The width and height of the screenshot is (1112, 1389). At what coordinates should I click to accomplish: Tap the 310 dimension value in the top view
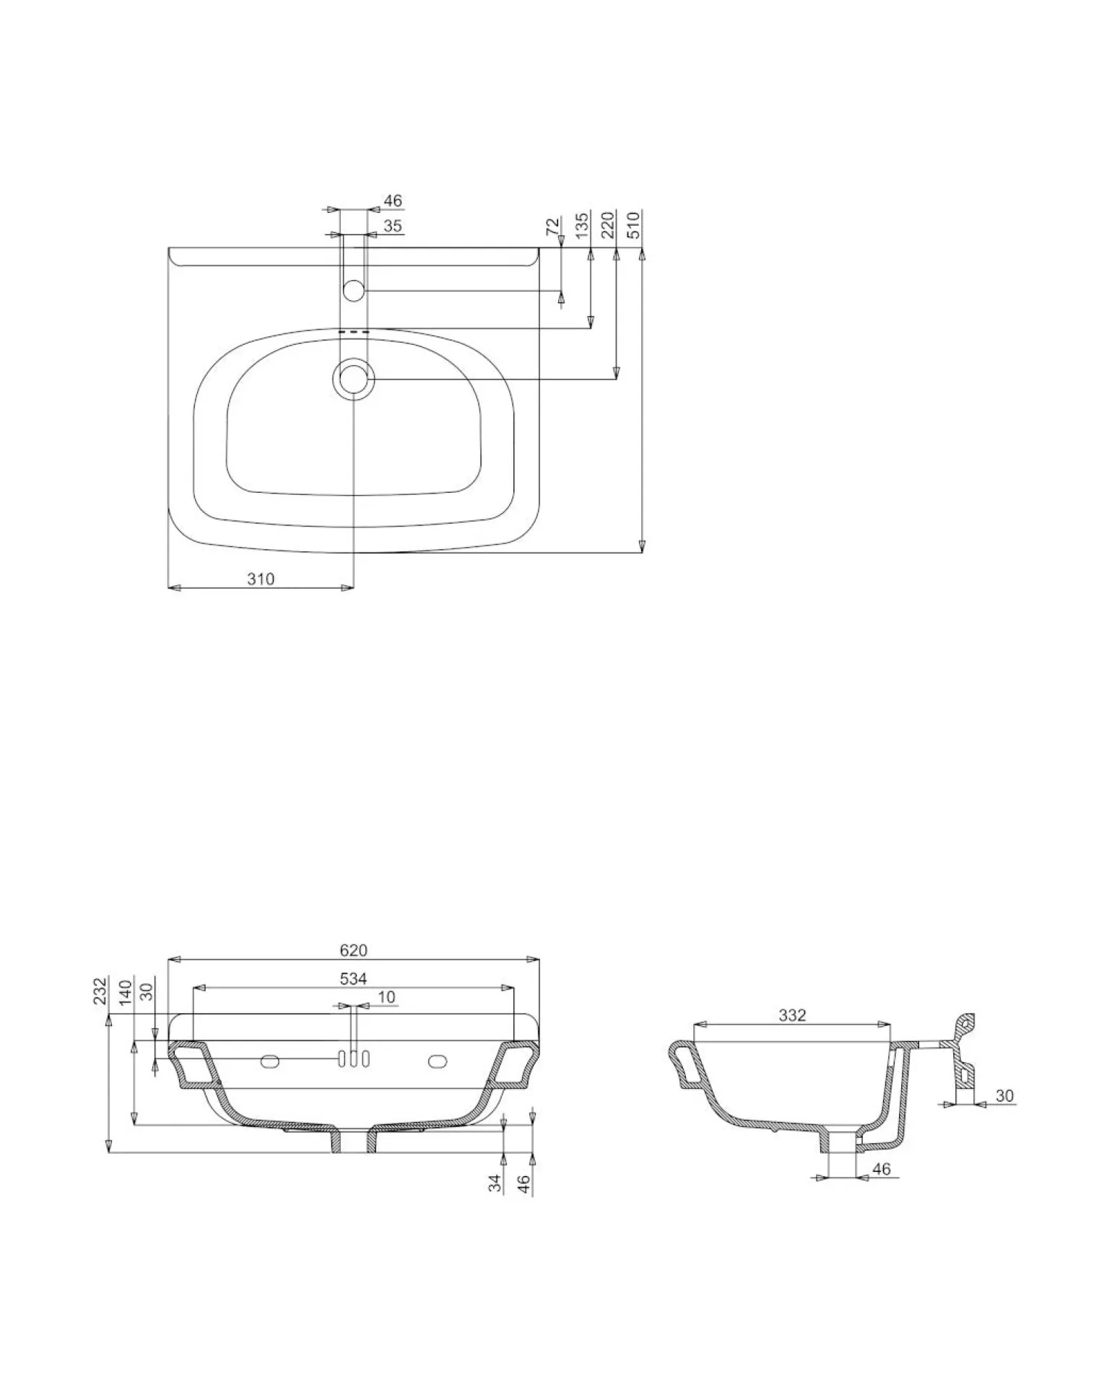pos(261,579)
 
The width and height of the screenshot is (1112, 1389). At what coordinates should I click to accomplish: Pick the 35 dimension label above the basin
pos(392,226)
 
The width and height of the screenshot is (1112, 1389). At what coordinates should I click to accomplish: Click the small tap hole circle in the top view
pos(353,291)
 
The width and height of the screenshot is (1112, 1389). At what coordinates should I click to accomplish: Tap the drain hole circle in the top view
pos(353,379)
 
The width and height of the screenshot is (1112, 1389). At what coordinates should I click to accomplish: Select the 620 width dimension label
pos(354,950)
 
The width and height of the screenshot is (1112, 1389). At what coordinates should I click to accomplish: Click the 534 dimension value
pos(354,978)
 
